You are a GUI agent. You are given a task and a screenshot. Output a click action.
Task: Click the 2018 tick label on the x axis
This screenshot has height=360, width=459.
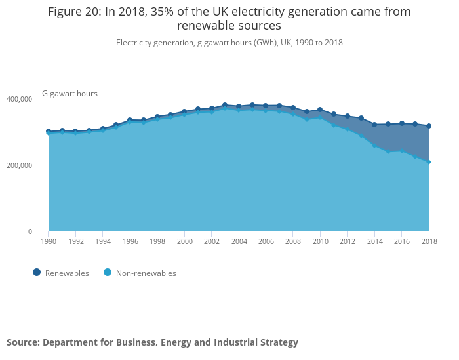[x=428, y=242]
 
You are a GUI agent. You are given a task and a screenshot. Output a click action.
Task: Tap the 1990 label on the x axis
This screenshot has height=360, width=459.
[x=49, y=242]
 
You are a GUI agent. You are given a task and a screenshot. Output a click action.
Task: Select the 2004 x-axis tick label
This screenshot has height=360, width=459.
[x=239, y=242]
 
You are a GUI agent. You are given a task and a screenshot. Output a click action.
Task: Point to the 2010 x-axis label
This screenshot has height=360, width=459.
[x=320, y=242]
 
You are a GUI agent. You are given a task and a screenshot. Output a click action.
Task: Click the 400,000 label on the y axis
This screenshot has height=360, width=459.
[x=19, y=99]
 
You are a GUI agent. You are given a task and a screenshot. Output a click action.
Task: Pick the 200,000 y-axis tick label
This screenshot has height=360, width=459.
[x=19, y=165]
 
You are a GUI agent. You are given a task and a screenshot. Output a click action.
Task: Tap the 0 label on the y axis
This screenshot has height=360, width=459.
[x=30, y=231]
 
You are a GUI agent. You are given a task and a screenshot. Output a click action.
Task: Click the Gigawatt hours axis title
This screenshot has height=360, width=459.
[x=70, y=94]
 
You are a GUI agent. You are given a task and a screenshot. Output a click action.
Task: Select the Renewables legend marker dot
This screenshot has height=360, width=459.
[x=37, y=273]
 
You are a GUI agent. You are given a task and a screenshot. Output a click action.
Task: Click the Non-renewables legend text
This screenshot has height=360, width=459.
[x=146, y=273]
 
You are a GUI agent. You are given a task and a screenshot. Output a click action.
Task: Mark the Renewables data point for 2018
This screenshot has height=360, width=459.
[x=429, y=126]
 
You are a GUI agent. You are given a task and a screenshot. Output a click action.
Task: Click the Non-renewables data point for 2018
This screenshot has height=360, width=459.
[x=429, y=161]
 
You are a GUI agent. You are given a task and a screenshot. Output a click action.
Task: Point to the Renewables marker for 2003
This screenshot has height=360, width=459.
[x=225, y=105]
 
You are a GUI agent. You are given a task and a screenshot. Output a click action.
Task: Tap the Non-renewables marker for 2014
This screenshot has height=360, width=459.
[x=374, y=145]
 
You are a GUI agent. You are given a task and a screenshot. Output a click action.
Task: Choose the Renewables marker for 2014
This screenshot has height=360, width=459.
[x=374, y=125]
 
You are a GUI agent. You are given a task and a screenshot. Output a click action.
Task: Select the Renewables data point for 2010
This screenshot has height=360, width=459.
[x=320, y=110]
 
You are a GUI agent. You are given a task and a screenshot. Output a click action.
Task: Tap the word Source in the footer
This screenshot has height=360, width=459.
[x=22, y=342]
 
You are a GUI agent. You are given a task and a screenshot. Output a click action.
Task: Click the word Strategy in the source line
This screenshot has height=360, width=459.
[x=279, y=342]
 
